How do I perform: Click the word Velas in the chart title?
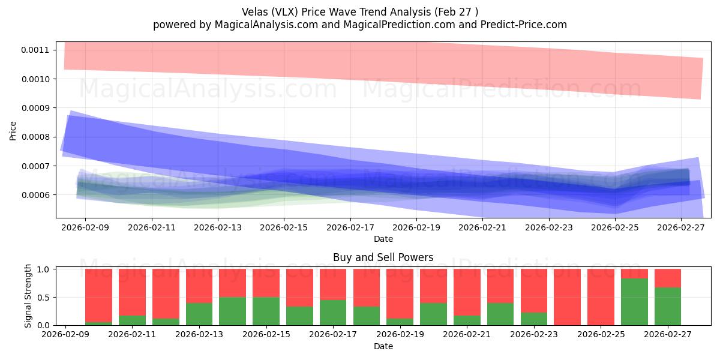256,12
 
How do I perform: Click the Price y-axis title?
13,130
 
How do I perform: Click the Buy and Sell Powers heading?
383,258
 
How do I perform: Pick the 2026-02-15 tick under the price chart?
284,227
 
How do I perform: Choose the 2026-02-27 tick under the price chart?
682,227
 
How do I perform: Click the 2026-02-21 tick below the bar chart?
466,335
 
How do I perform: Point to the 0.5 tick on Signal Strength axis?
44,298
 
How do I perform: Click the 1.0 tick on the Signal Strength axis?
44,269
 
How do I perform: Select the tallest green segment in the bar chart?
634,302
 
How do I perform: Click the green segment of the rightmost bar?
667,307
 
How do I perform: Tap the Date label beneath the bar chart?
383,346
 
